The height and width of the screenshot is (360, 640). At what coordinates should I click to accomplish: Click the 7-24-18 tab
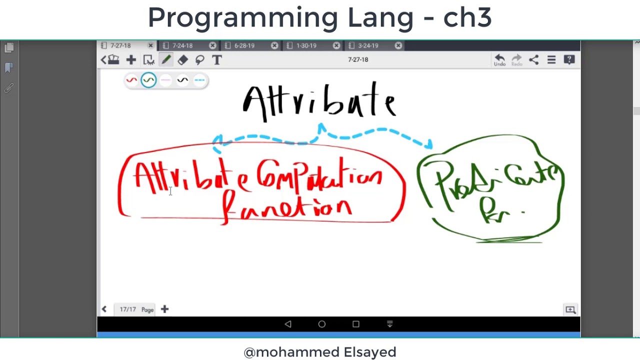[182, 45]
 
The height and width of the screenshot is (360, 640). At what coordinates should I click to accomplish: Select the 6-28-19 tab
[244, 45]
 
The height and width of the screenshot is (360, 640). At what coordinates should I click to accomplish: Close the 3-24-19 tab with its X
[398, 45]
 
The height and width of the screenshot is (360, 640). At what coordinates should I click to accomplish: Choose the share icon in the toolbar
[534, 60]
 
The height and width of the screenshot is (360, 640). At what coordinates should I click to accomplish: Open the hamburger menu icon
[551, 60]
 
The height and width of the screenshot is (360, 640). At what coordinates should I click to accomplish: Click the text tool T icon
[216, 60]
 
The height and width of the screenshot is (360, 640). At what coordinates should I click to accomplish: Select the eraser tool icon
[182, 60]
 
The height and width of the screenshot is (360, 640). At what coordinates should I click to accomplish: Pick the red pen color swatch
[131, 80]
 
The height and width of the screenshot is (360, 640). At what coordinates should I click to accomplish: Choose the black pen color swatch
[182, 80]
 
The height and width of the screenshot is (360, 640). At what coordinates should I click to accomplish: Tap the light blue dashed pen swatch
[199, 80]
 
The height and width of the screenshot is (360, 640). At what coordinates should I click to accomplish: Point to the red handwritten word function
[287, 207]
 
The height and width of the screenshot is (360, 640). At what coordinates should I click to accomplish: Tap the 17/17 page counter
[127, 309]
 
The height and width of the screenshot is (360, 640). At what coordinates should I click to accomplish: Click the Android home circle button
[322, 324]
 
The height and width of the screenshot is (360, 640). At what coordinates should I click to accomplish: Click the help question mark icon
[569, 60]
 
